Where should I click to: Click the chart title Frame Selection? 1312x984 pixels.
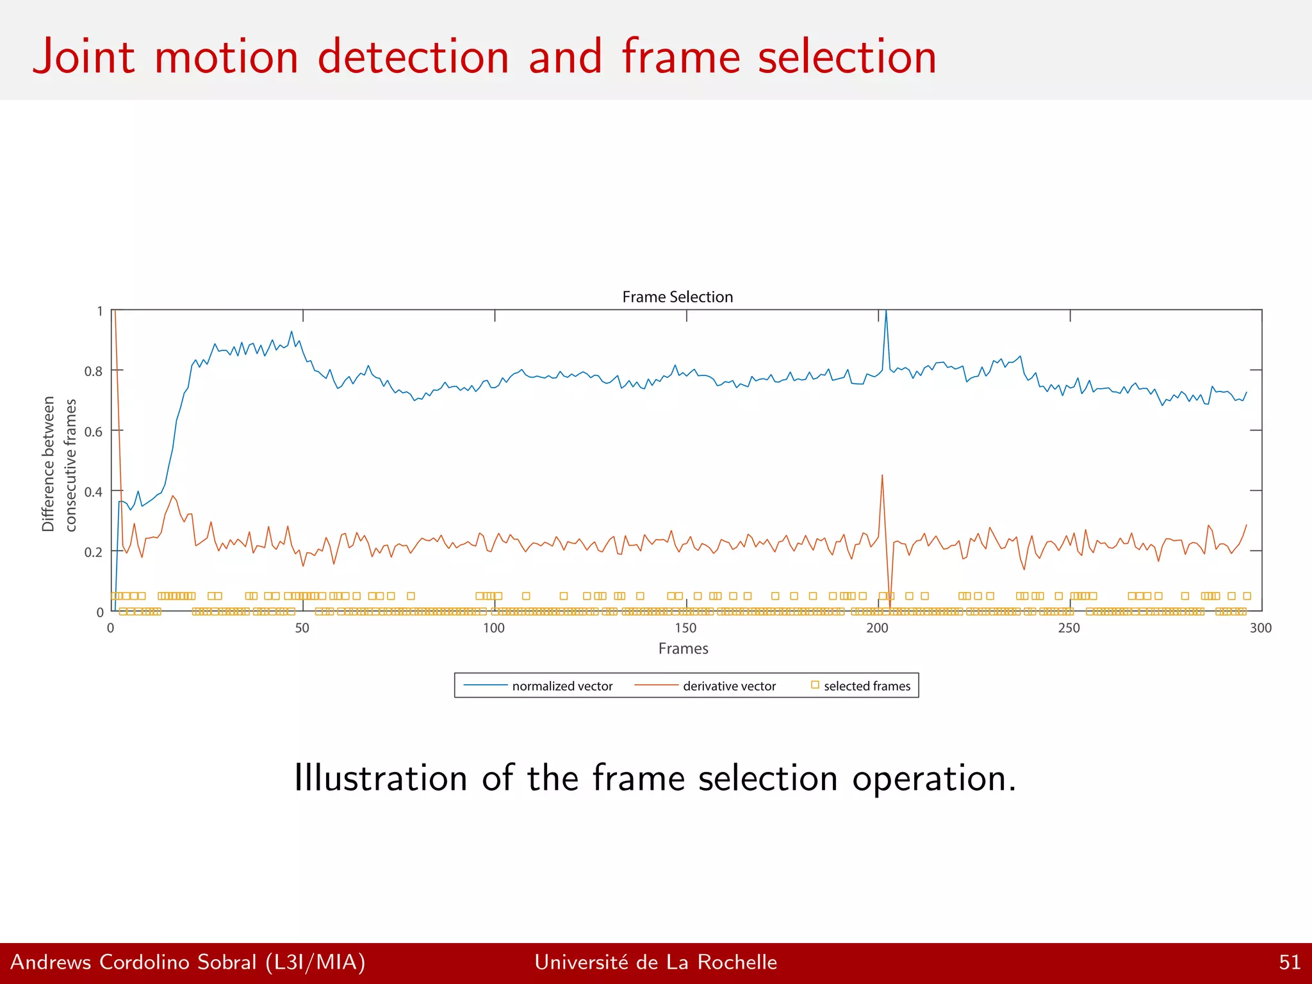coord(677,297)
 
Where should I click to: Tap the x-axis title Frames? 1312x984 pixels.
coord(683,648)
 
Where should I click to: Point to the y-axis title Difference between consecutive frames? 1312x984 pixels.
coord(59,464)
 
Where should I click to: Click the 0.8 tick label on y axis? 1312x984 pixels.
coord(93,372)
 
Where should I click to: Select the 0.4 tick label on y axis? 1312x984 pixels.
coord(93,492)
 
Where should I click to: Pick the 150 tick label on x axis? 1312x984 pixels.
coord(685,628)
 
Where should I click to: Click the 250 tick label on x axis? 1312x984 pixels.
coord(1069,628)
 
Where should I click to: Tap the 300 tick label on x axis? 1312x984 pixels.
coord(1260,628)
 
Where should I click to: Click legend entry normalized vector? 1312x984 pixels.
coord(562,686)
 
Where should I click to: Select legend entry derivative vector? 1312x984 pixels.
coord(729,686)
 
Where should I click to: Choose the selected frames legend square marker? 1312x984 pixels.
coord(815,685)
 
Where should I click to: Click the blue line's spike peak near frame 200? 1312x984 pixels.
coord(886,311)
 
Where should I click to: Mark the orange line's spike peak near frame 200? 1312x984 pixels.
coord(882,475)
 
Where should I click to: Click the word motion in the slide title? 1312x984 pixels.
coord(226,58)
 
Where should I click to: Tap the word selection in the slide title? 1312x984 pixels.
coord(847,58)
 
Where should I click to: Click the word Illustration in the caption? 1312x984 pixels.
coord(381,778)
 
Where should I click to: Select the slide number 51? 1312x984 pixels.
coord(1289,962)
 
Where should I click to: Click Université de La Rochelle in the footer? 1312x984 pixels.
coord(655,962)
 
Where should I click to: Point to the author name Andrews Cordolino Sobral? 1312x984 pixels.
coord(133,962)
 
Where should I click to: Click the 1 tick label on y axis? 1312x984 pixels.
coord(99,311)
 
